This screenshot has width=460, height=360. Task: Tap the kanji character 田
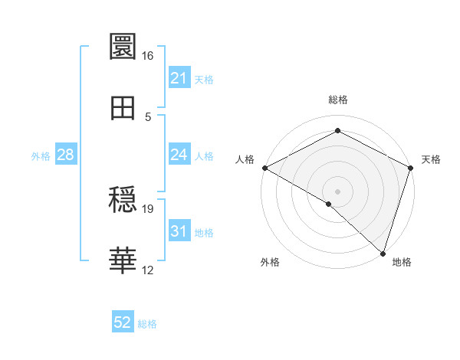pyautogui.click(x=123, y=108)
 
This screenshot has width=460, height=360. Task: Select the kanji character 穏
pyautogui.click(x=123, y=201)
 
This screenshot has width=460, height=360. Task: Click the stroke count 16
pyautogui.click(x=148, y=56)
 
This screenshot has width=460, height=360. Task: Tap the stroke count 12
pyautogui.click(x=148, y=270)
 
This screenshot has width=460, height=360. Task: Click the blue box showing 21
pyautogui.click(x=179, y=78)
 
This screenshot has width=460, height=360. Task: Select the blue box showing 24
pyautogui.click(x=179, y=155)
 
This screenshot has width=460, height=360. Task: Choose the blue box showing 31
pyautogui.click(x=179, y=231)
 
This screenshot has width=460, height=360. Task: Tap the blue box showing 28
pyautogui.click(x=65, y=155)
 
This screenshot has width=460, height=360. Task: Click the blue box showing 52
pyautogui.click(x=123, y=322)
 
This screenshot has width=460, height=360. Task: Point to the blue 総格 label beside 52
pyautogui.click(x=147, y=324)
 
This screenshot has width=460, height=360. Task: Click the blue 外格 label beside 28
pyautogui.click(x=41, y=156)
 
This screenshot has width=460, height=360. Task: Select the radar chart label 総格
pyautogui.click(x=337, y=100)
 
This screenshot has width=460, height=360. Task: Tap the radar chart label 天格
pyautogui.click(x=431, y=159)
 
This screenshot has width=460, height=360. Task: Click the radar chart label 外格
pyautogui.click(x=270, y=262)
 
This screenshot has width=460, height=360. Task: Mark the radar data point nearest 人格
pyautogui.click(x=264, y=168)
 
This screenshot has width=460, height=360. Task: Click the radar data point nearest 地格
pyautogui.click(x=383, y=253)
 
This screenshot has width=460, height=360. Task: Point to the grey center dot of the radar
pyautogui.click(x=337, y=191)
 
